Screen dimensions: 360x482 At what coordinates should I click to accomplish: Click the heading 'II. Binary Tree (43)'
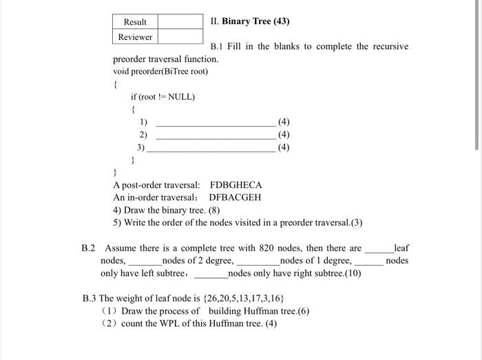pyautogui.click(x=250, y=21)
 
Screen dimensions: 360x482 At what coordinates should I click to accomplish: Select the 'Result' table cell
pyautogui.click(x=135, y=21)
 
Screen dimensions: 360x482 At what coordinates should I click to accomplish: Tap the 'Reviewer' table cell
pyautogui.click(x=135, y=37)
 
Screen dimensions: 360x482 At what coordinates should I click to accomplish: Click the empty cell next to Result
pyautogui.click(x=180, y=21)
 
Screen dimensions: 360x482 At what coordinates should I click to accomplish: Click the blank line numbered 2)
pyautogui.click(x=216, y=135)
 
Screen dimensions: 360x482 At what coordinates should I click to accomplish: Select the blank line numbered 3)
pyautogui.click(x=211, y=147)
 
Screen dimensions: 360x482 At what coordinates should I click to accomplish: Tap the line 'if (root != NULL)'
pyautogui.click(x=163, y=96)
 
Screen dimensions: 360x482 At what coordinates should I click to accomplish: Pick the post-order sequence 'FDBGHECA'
pyautogui.click(x=235, y=185)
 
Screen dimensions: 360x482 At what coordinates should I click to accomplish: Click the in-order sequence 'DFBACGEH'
pyautogui.click(x=235, y=198)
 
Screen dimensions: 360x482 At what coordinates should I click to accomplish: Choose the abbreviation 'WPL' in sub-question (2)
pyautogui.click(x=179, y=323)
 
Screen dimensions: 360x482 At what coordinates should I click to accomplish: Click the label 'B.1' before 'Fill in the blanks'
pyautogui.click(x=218, y=46)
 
